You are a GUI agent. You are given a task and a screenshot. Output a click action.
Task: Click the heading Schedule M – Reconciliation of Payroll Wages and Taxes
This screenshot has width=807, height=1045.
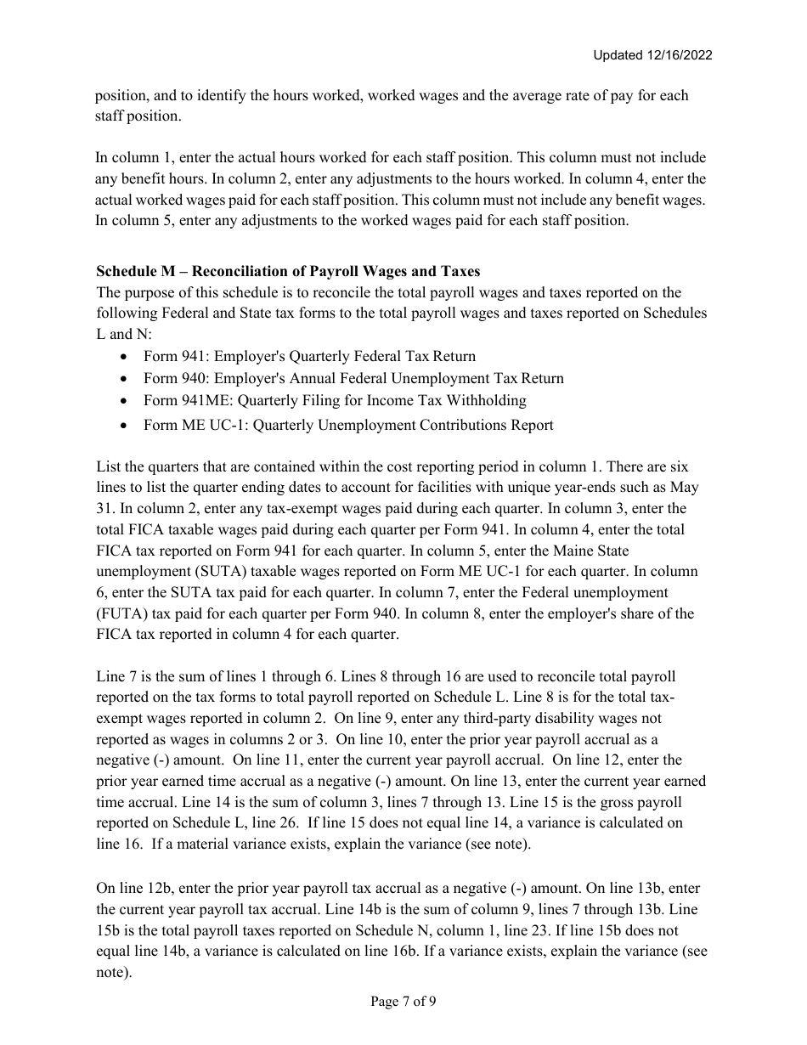(288, 271)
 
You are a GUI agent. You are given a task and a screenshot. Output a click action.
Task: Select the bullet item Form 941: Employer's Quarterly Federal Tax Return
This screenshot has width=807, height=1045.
(309, 356)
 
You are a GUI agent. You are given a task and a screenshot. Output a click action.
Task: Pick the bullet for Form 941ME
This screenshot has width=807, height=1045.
(335, 400)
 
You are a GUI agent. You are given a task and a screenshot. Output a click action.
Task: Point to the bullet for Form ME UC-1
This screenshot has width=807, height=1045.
(348, 425)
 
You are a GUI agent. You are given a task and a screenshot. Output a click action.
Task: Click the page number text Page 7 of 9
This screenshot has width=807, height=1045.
(403, 1002)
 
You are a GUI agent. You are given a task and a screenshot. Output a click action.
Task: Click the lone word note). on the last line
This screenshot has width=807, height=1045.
(115, 972)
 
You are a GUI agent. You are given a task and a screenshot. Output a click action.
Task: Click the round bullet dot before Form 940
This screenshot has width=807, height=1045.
(126, 378)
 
